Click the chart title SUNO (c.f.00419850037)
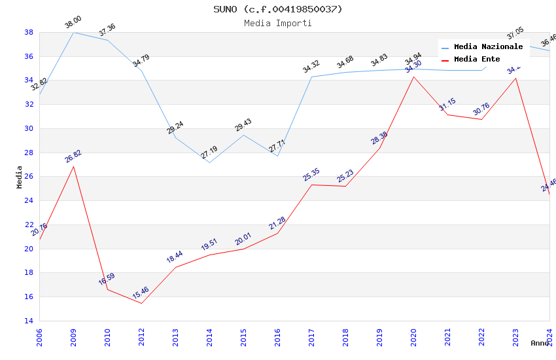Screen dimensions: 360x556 278,9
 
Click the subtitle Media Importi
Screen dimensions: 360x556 278,23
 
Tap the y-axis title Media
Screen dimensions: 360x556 20,177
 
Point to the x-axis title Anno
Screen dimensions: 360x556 540,343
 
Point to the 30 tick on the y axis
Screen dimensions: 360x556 29,128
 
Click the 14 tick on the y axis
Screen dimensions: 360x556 29,321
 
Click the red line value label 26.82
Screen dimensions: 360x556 73,156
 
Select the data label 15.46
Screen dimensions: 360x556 141,293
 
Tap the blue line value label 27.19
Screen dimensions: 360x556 209,153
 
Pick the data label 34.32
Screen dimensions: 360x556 311,67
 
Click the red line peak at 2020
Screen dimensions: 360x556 413,77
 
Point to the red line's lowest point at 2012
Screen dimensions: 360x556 141,303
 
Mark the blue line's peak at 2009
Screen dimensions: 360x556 73,32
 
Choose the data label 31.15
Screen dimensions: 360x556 447,104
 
